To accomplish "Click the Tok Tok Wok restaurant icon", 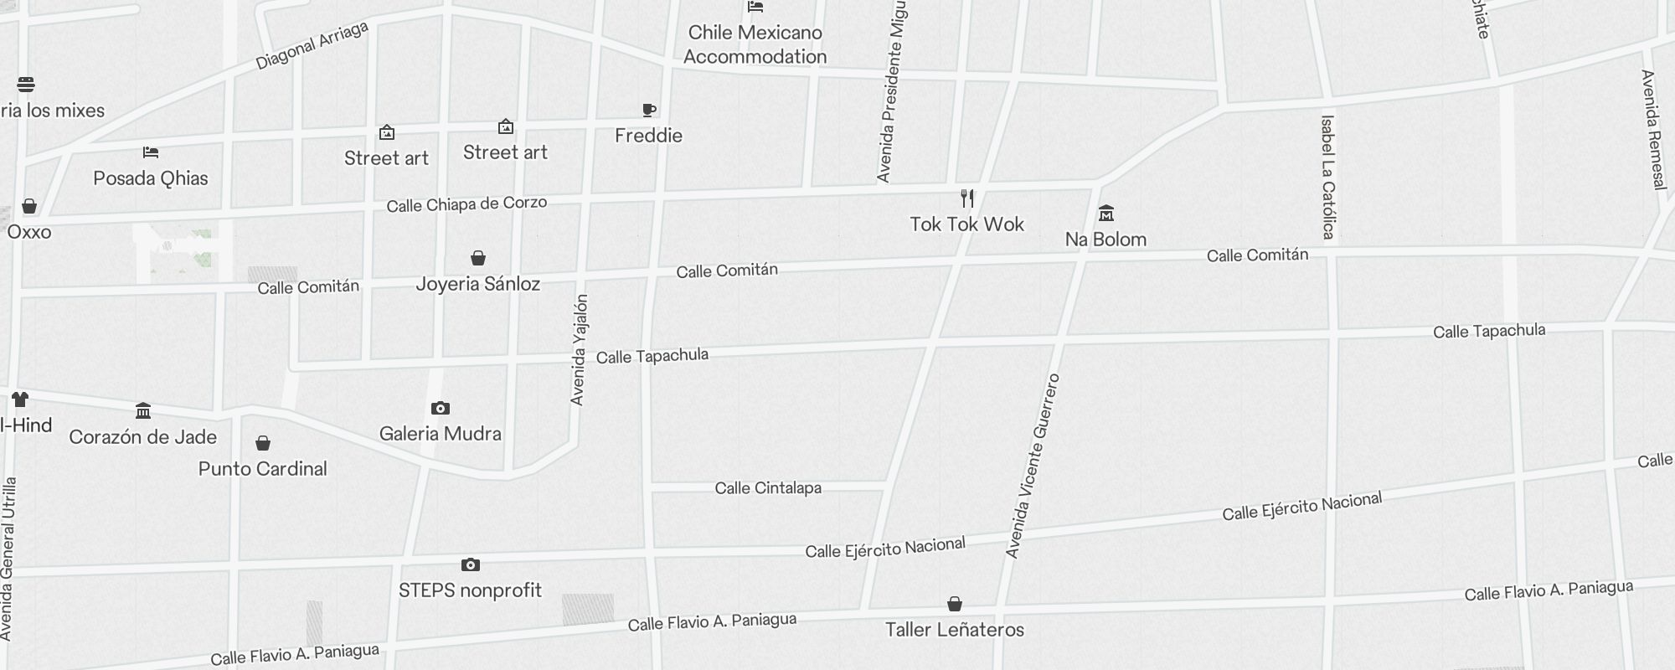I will pyautogui.click(x=967, y=198).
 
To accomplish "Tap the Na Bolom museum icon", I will pyautogui.click(x=1105, y=213).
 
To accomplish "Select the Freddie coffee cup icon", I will pyautogui.click(x=648, y=110).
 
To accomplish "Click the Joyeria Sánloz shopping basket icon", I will pyautogui.click(x=477, y=258).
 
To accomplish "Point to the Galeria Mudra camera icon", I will pyautogui.click(x=440, y=409).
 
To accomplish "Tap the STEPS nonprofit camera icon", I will pyautogui.click(x=471, y=565).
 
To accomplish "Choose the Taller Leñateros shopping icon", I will pyautogui.click(x=954, y=604).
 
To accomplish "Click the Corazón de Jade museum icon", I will pyautogui.click(x=143, y=411).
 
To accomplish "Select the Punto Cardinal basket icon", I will pyautogui.click(x=263, y=443).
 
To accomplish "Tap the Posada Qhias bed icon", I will pyautogui.click(x=151, y=152).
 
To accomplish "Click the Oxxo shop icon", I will pyautogui.click(x=29, y=206).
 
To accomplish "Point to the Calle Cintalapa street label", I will pyautogui.click(x=768, y=488).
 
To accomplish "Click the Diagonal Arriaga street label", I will pyautogui.click(x=312, y=46).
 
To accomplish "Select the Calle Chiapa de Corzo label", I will pyautogui.click(x=466, y=204).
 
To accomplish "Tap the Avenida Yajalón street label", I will pyautogui.click(x=579, y=350).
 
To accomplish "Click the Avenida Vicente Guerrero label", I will pyautogui.click(x=1033, y=466).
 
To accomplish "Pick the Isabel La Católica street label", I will pyautogui.click(x=1327, y=177).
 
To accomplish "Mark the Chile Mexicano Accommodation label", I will pyautogui.click(x=755, y=44).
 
